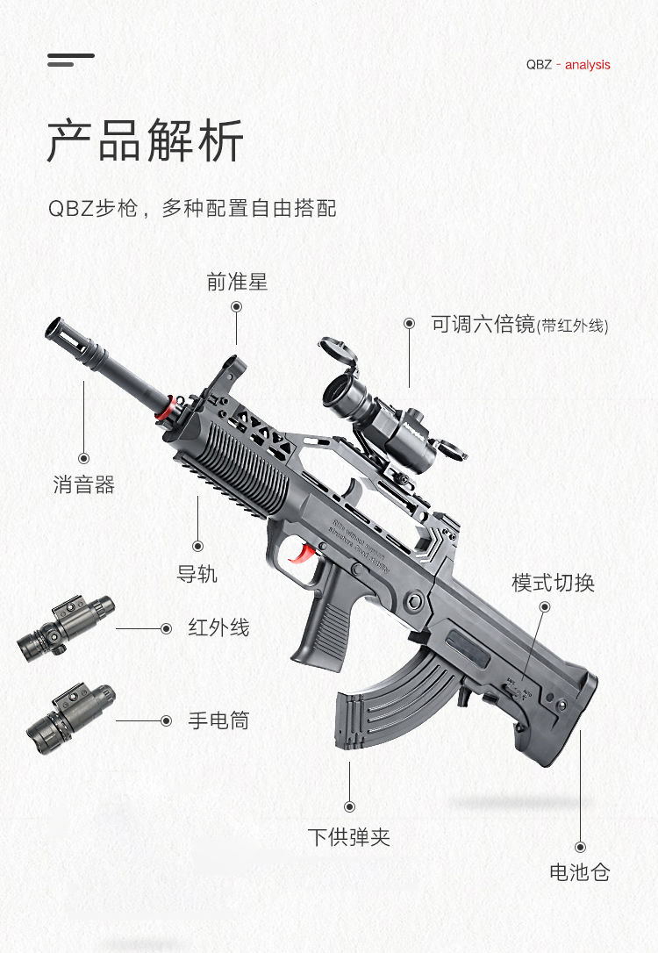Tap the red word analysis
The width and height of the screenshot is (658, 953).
pyautogui.click(x=587, y=65)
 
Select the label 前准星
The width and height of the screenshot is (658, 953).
pyautogui.click(x=237, y=282)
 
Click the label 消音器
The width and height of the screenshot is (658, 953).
pyautogui.click(x=84, y=484)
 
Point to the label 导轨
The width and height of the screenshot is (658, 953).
pyautogui.click(x=197, y=575)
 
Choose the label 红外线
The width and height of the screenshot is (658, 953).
pyautogui.click(x=218, y=628)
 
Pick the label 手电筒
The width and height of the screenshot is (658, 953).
pyautogui.click(x=218, y=720)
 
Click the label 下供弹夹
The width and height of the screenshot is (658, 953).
pyautogui.click(x=348, y=836)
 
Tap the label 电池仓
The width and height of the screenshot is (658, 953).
pyautogui.click(x=579, y=872)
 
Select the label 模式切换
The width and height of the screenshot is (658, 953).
pyautogui.click(x=553, y=583)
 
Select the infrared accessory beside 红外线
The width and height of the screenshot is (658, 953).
pyautogui.click(x=66, y=628)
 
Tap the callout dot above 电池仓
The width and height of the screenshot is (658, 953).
pyautogui.click(x=580, y=847)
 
